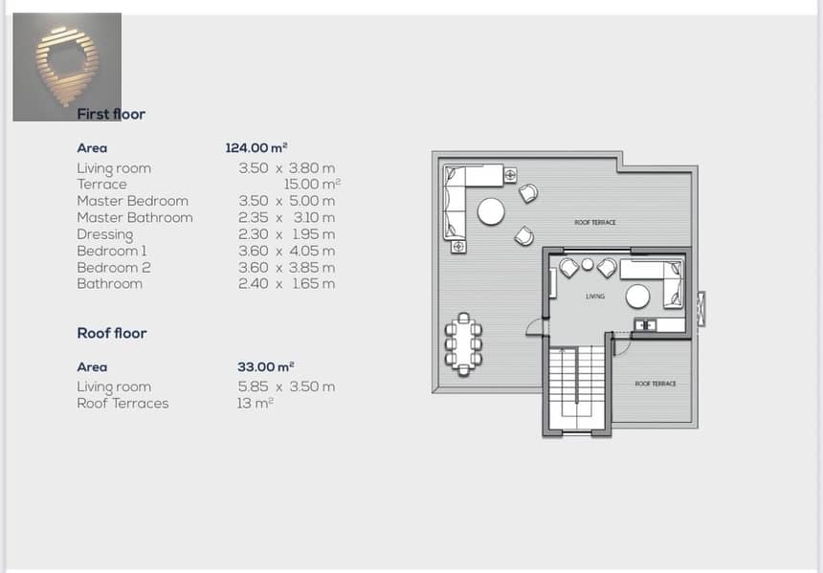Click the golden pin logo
point(67,66)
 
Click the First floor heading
point(111,114)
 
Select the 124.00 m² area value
point(256,147)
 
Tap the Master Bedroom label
point(132,201)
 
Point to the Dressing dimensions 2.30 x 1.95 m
point(286,234)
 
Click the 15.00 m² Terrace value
point(312,185)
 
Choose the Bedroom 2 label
point(113,268)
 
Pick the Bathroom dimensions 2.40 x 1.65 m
point(286,284)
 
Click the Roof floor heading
point(112,333)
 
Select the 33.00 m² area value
point(265,366)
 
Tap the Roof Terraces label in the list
point(122,404)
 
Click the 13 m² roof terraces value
point(256,403)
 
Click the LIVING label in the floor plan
point(595,297)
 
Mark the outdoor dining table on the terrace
point(463,344)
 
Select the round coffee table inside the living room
point(637,297)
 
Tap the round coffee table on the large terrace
point(491,211)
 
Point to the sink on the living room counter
point(645,325)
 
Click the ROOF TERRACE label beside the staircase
point(656,384)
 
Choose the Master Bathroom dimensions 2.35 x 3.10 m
point(286,217)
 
